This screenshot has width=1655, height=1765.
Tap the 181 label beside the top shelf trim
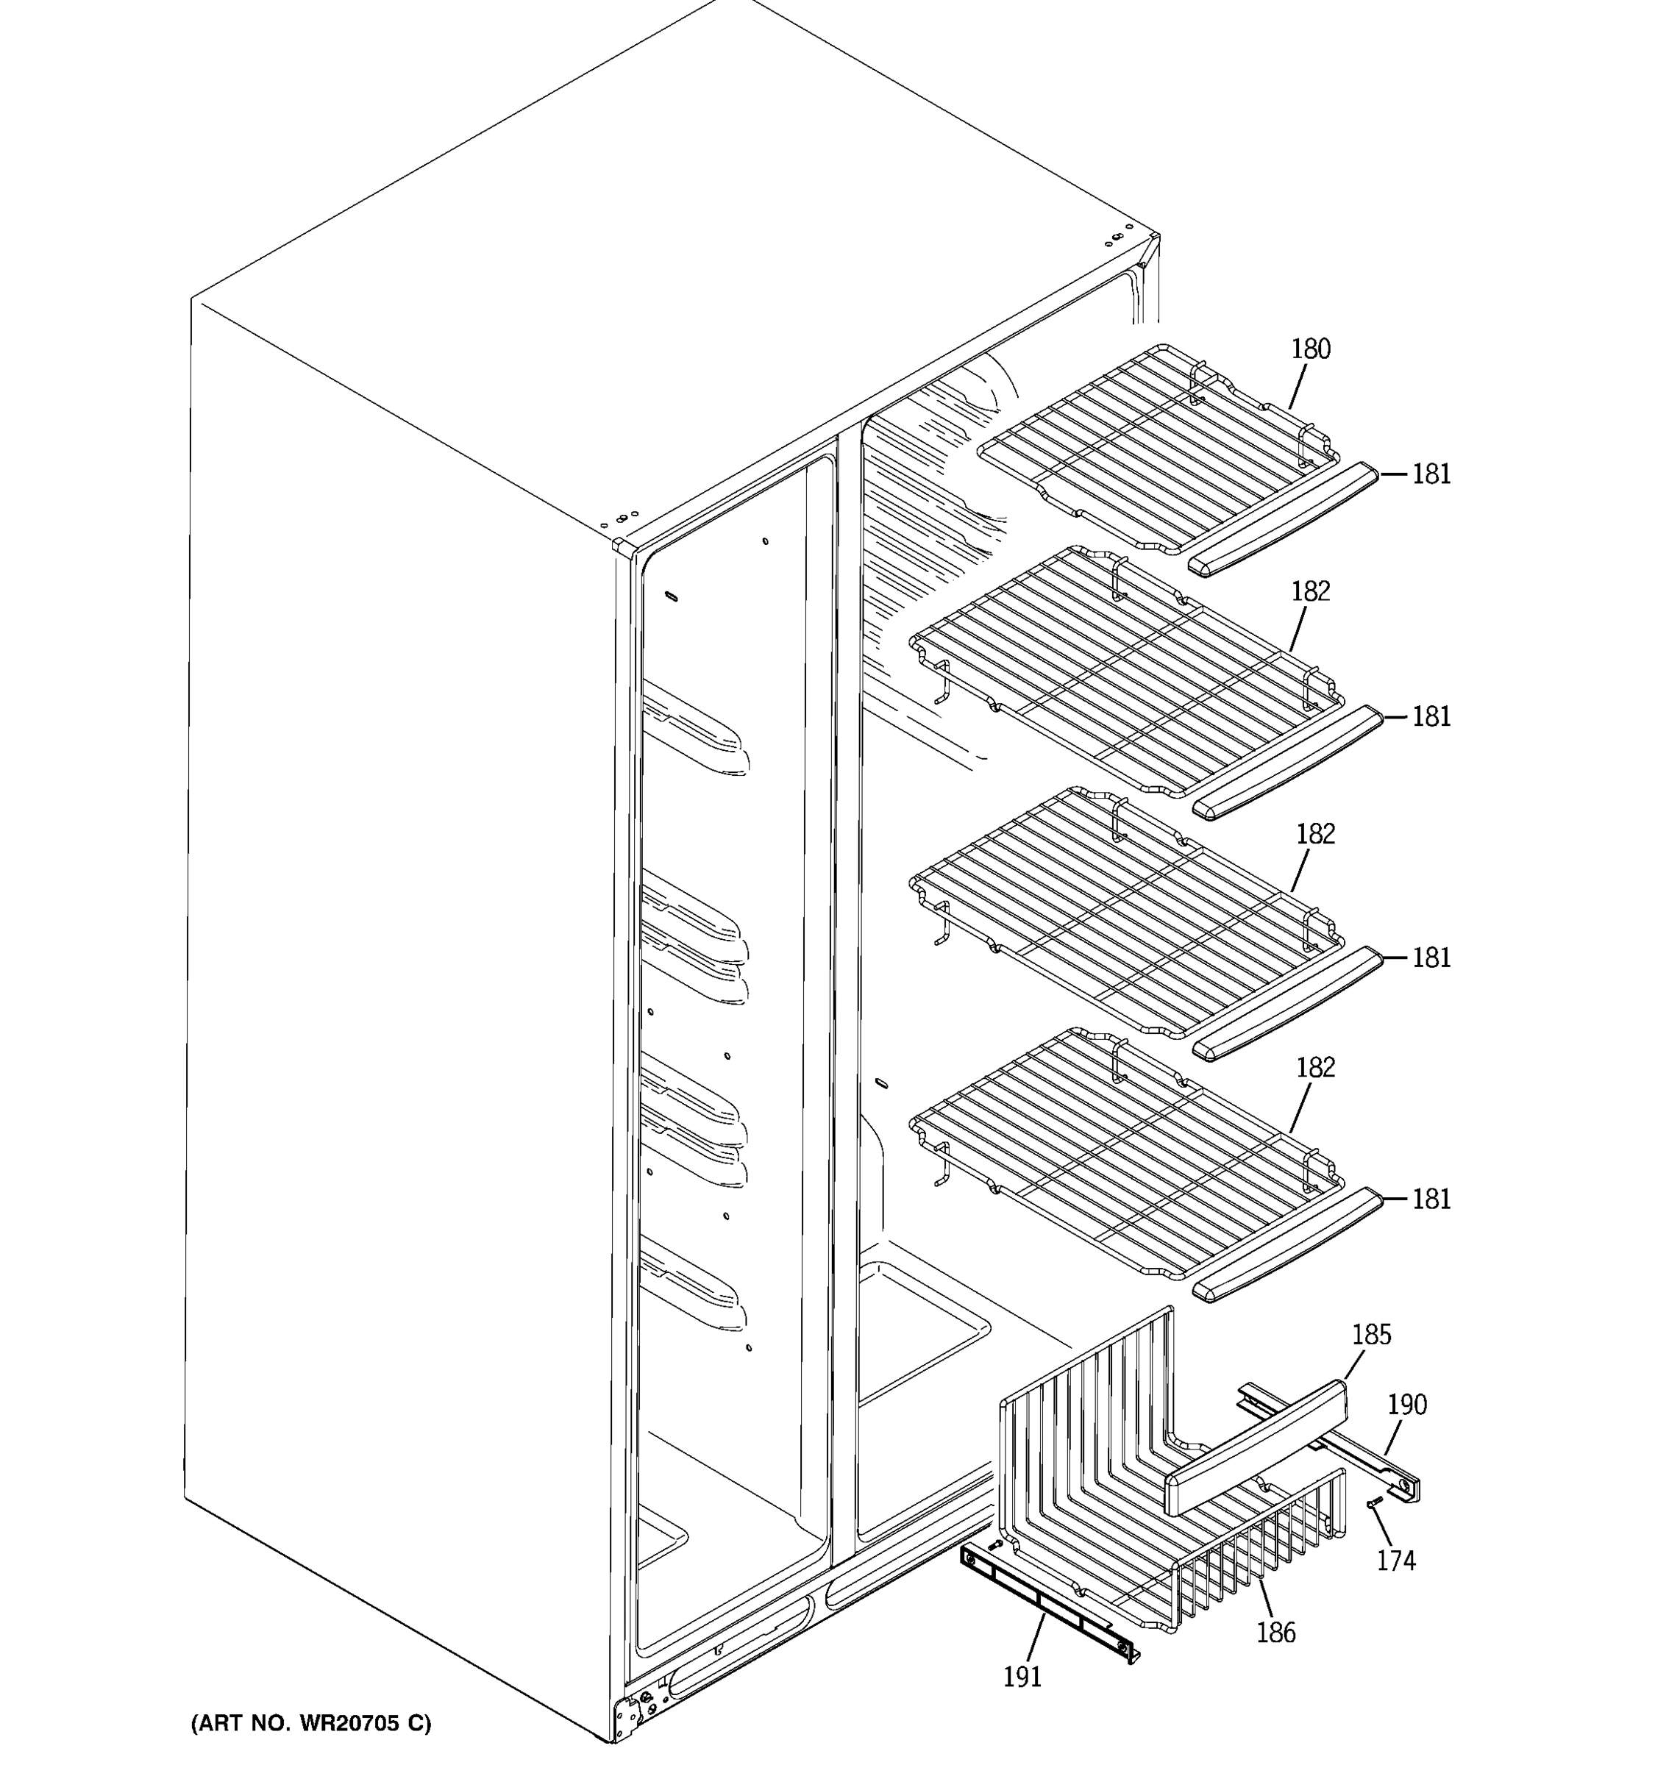coord(1431,475)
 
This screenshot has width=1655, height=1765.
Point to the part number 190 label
coord(1406,1405)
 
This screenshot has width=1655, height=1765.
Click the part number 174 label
coord(1396,1560)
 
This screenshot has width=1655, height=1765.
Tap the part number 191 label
coord(1021,1677)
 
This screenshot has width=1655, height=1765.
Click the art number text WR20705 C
coord(310,1723)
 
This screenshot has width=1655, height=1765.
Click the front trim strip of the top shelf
coord(1283,520)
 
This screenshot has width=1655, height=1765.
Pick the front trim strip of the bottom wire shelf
coord(1287,1246)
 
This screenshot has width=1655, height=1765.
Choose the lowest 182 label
coord(1315,1067)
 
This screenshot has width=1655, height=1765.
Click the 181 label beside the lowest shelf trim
coord(1431,1199)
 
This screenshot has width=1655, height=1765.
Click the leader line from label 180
coord(1298,387)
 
